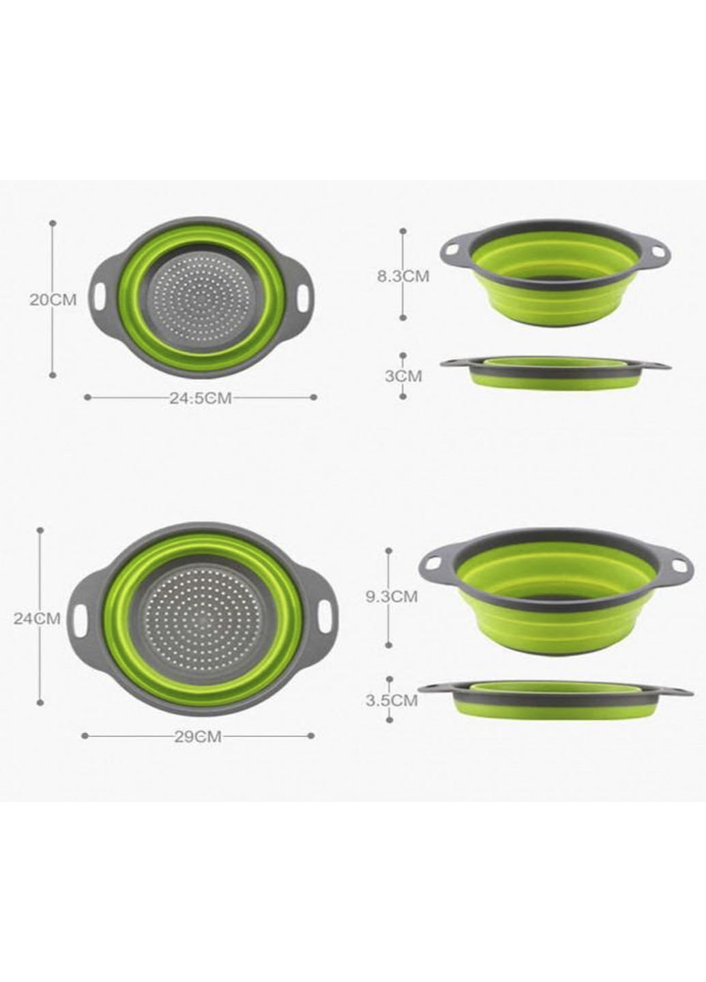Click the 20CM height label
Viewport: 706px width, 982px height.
coord(53,299)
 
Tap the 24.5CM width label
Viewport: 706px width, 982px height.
coord(201,398)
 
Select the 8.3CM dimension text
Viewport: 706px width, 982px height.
coord(403,276)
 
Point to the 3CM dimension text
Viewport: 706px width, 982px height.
coord(403,376)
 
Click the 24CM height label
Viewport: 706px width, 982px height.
coord(38,619)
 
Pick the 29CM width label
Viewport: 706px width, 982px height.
coord(198,736)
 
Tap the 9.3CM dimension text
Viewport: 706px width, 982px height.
coord(392,597)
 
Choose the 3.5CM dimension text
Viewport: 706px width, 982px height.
coord(391,700)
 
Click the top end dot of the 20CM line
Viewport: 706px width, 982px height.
coord(53,222)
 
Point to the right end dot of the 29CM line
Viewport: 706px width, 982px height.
coord(312,736)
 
